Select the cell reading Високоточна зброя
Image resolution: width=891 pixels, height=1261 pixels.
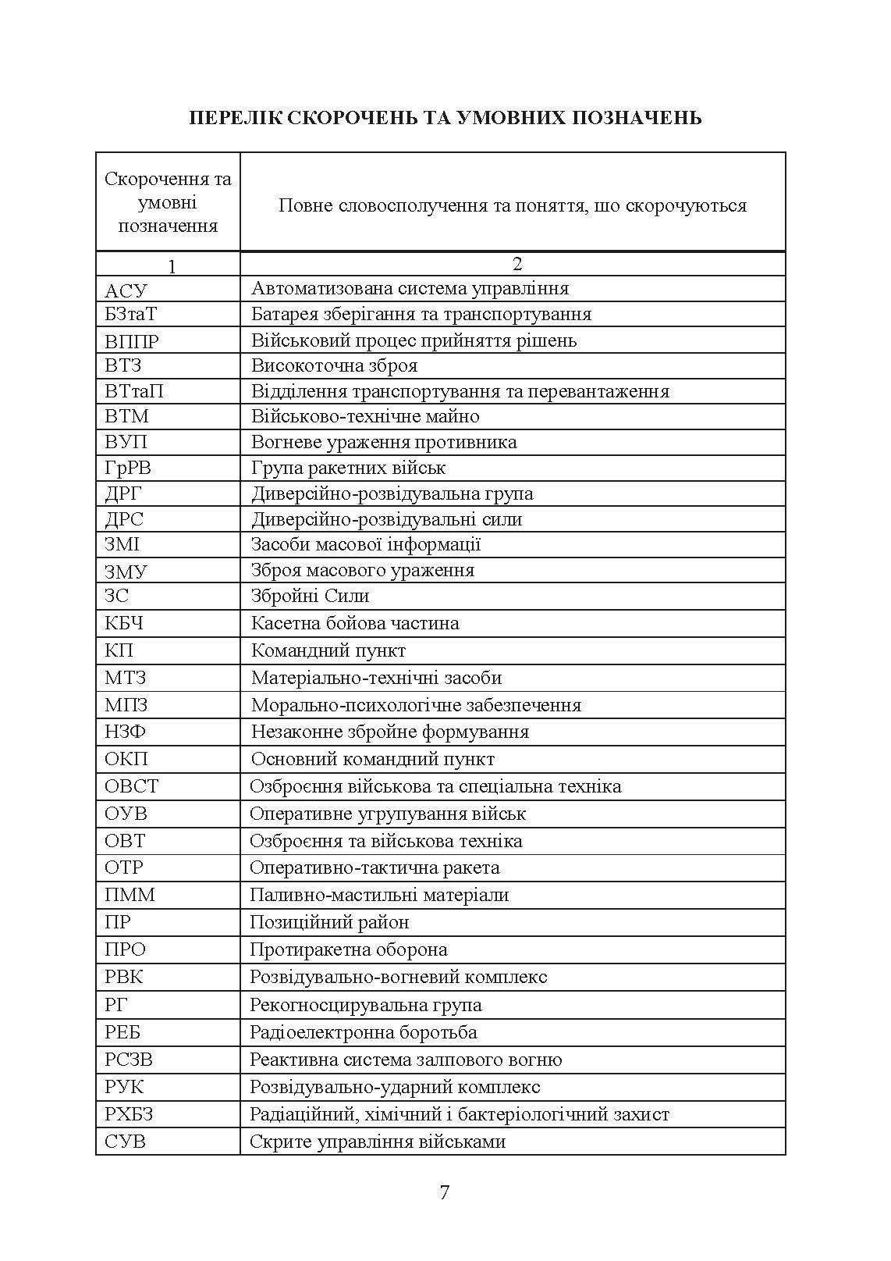tap(334, 365)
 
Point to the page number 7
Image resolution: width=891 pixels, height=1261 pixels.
tap(445, 1192)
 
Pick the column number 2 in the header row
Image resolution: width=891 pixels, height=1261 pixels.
tap(516, 264)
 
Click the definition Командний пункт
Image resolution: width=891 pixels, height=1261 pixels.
tap(328, 650)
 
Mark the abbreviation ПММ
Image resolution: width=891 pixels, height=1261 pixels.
tap(130, 895)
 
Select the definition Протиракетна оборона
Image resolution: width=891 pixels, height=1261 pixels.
tap(348, 949)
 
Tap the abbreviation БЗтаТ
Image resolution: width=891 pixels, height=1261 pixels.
tap(131, 314)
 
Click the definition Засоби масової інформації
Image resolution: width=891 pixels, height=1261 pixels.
tap(366, 544)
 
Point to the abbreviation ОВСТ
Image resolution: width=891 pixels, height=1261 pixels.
tap(131, 786)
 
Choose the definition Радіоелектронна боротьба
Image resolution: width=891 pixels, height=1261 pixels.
tap(363, 1032)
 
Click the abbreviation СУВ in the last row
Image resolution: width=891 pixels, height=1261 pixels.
tap(125, 1142)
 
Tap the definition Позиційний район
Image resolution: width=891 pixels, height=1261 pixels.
tap(328, 922)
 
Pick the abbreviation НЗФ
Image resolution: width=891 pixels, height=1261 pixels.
tap(125, 732)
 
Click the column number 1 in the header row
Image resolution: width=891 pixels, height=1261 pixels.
tap(172, 266)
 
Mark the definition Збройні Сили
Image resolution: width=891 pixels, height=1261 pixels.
tap(310, 596)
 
